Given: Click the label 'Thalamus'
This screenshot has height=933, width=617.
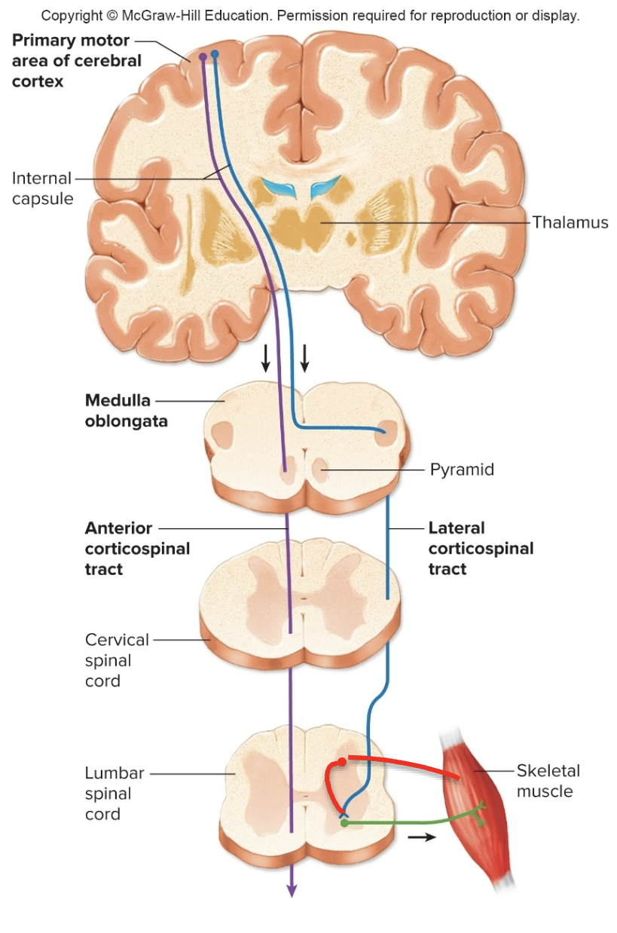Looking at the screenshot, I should [570, 222].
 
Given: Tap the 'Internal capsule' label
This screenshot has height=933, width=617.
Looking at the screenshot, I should [42, 188].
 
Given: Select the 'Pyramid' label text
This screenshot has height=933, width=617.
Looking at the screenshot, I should [462, 470].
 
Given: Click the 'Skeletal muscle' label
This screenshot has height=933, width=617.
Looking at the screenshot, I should [548, 781].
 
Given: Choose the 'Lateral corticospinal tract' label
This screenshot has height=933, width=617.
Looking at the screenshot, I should [481, 549].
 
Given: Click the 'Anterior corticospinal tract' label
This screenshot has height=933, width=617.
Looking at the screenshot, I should [137, 549].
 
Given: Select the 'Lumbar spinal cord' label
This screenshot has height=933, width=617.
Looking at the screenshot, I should [108, 794].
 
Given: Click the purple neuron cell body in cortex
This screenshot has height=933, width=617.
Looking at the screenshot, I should [203, 57].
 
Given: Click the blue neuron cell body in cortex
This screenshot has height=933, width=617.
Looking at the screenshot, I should [215, 54].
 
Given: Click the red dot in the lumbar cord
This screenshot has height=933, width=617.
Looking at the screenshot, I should [342, 762].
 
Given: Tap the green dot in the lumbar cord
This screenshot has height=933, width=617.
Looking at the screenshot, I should [344, 823].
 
